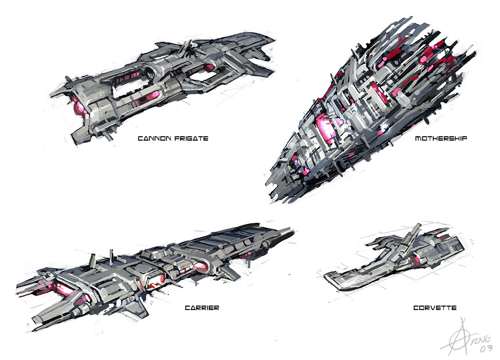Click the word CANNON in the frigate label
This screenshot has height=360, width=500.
(153, 138)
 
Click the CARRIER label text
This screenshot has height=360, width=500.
(201, 308)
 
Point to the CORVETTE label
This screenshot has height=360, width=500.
(435, 308)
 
